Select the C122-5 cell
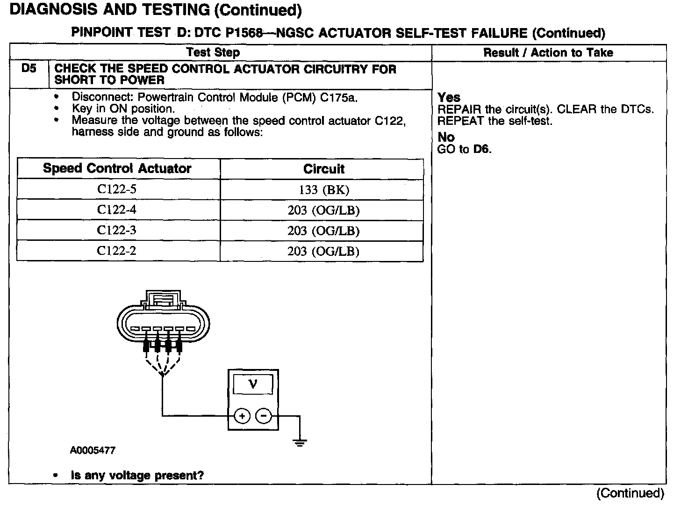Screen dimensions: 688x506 (116, 189)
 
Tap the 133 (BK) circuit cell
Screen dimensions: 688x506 (324, 190)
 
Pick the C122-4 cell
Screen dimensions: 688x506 (116, 210)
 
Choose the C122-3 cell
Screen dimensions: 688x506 (116, 230)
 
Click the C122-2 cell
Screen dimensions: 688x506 (116, 251)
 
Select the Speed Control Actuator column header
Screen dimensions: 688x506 (117, 168)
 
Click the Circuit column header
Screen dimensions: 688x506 (323, 169)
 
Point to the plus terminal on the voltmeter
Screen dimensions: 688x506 (242, 415)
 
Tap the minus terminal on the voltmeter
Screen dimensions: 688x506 (264, 415)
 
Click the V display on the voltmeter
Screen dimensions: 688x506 (253, 385)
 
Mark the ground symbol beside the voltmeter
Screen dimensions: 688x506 (300, 441)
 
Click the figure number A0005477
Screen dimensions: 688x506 (93, 450)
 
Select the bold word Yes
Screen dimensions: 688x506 (449, 98)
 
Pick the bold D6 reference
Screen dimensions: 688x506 (481, 149)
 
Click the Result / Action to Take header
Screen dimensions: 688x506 (548, 53)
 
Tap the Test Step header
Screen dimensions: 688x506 (213, 52)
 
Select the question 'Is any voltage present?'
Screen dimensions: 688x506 (137, 476)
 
